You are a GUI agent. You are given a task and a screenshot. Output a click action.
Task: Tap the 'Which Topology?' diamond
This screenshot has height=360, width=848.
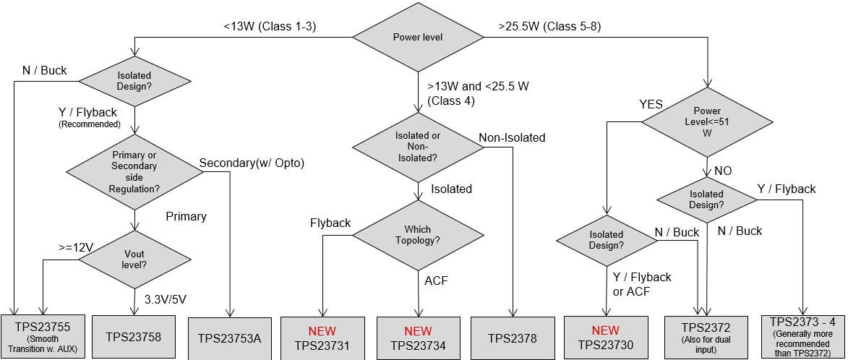pos(419,235)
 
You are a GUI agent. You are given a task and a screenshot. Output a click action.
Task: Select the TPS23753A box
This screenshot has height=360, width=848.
pos(228,338)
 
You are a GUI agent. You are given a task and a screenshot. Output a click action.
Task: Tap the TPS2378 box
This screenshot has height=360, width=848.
pos(512,338)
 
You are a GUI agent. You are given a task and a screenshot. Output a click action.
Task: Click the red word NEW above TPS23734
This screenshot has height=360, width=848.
pos(419,330)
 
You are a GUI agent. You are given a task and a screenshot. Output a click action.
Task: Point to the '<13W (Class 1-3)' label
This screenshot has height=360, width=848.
pos(270,27)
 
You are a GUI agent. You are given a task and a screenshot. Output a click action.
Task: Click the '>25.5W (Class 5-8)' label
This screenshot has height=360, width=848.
pos(549,27)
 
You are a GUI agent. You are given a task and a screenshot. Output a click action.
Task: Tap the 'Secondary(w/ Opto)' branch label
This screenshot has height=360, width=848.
pos(251,163)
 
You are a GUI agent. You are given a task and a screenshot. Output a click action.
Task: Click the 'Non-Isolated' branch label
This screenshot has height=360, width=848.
pos(512,137)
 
